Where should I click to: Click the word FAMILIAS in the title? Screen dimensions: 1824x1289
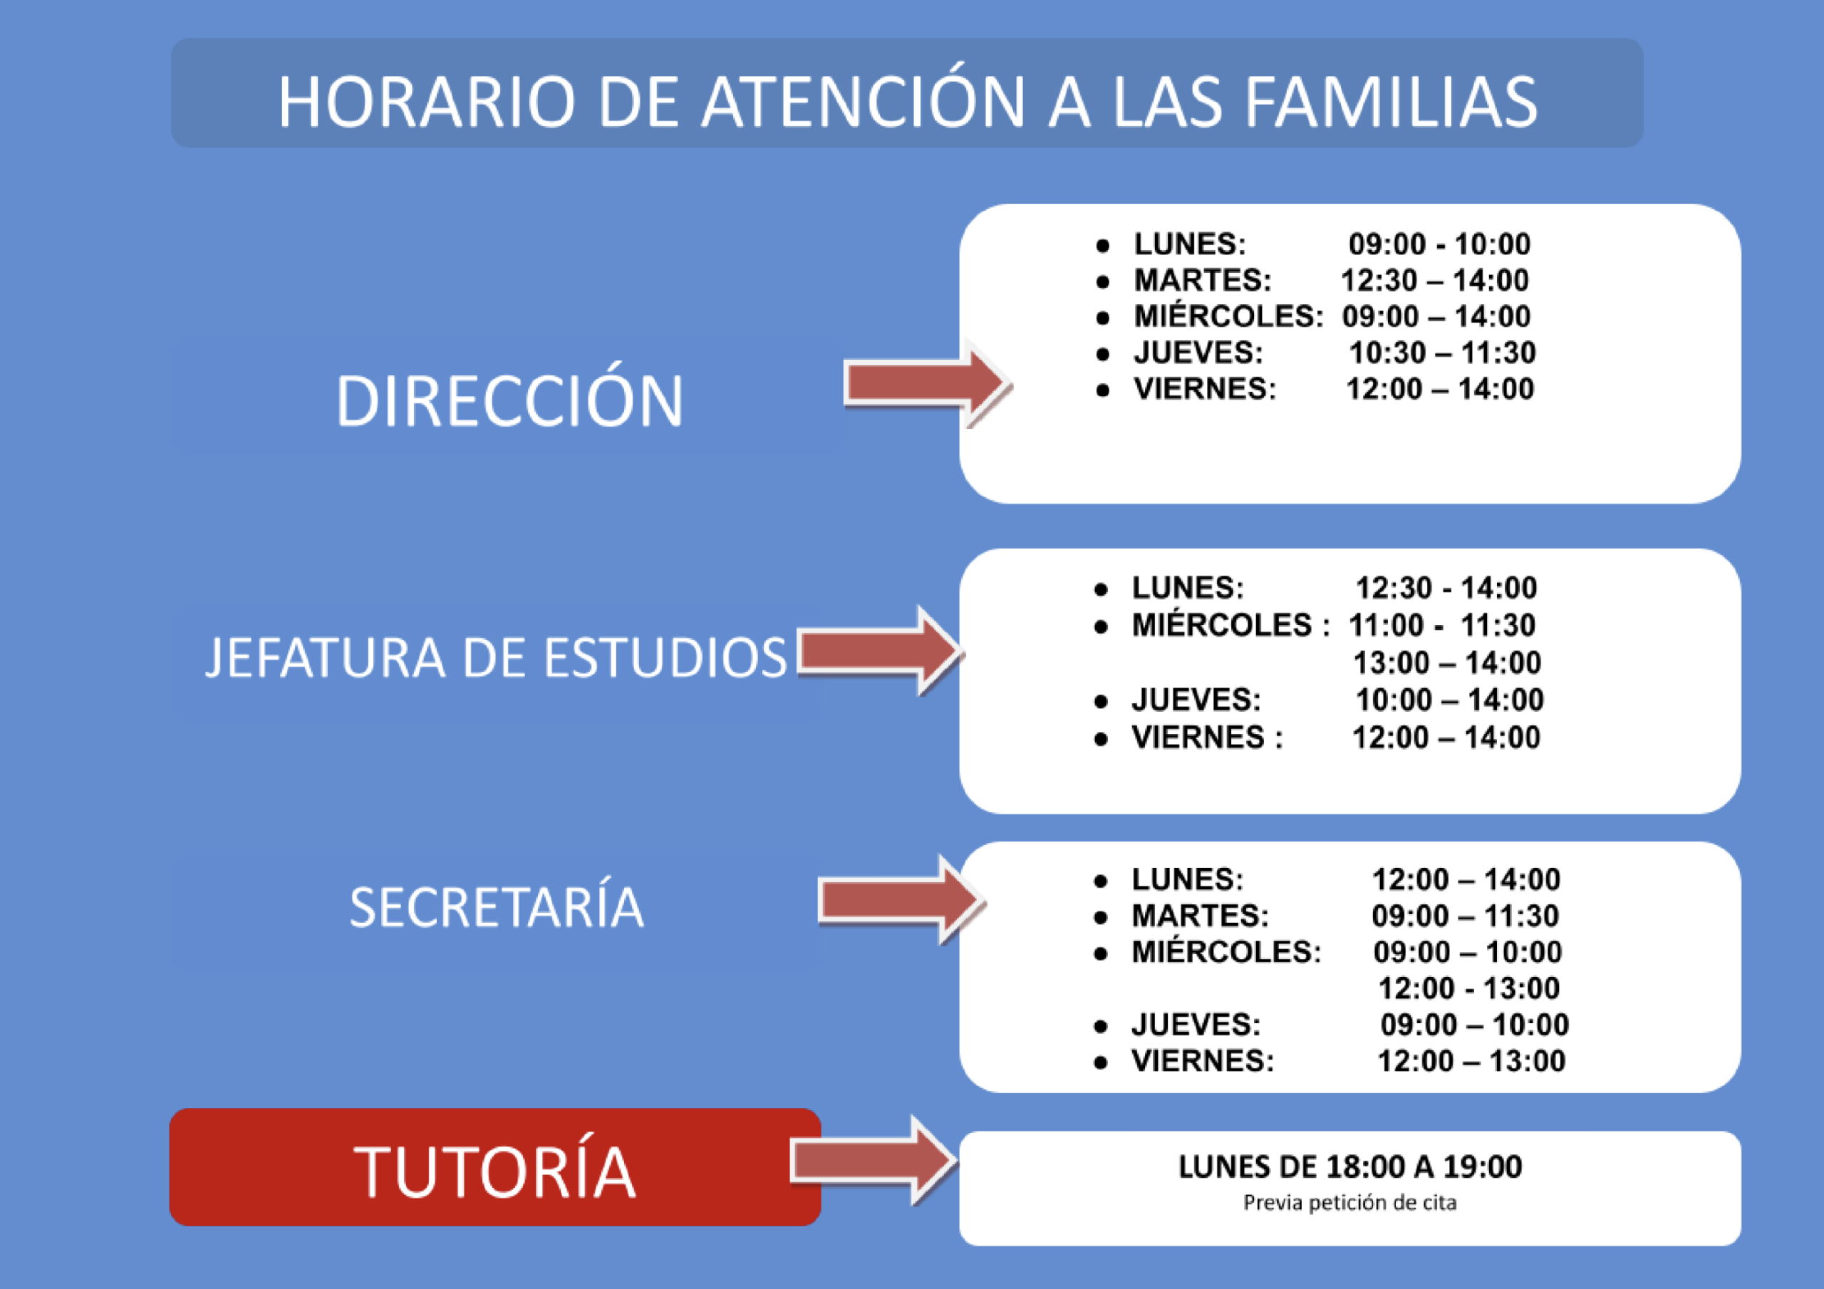1390,102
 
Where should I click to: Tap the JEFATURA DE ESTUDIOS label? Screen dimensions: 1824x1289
496,657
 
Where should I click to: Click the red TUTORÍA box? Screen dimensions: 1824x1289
495,1166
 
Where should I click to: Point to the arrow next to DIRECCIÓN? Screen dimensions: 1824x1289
928,383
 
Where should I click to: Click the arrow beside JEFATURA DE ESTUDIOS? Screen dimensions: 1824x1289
881,651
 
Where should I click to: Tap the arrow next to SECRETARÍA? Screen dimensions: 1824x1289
903,901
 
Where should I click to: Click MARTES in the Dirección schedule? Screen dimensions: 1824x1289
1202,280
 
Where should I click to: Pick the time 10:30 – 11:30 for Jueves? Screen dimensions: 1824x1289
1443,352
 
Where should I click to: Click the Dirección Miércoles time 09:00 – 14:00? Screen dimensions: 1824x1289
1436,316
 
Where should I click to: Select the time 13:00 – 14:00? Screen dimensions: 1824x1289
1447,662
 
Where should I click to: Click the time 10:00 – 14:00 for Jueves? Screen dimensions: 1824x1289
1450,699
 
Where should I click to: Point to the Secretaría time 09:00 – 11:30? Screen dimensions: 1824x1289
1466,916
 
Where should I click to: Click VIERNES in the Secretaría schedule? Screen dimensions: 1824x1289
1203,1061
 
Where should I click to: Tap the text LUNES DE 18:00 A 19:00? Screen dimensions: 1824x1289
1349,1166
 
